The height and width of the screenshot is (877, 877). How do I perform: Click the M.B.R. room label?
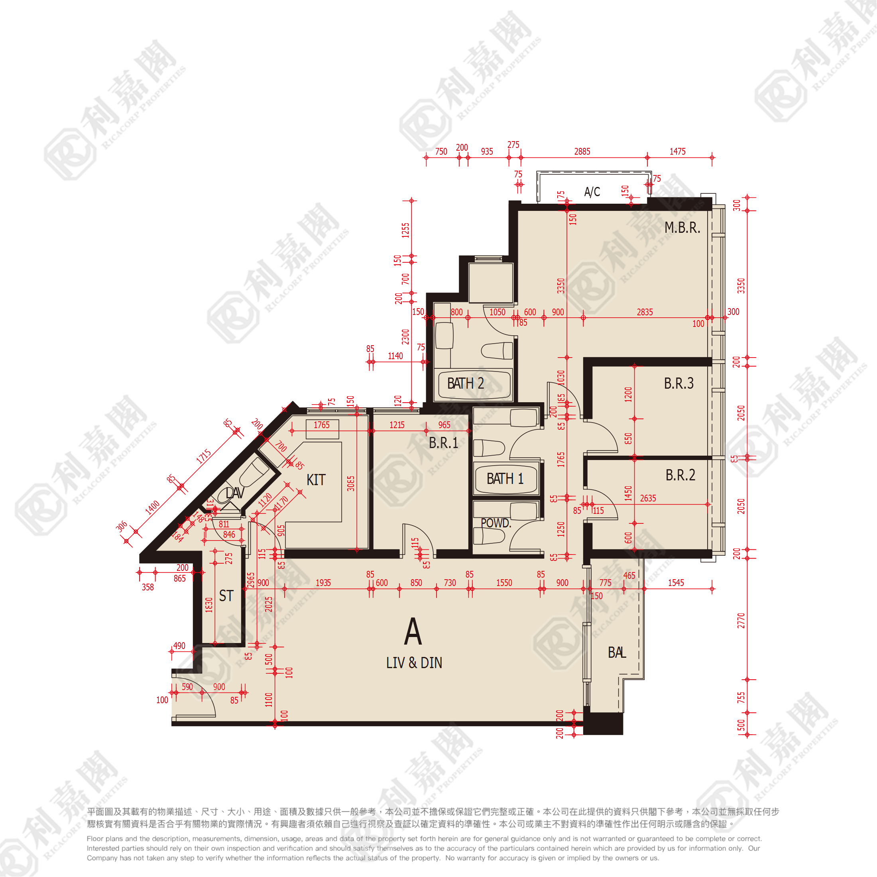(x=682, y=227)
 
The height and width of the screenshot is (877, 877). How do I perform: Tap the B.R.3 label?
(x=678, y=383)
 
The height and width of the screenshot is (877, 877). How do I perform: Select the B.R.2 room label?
(x=680, y=475)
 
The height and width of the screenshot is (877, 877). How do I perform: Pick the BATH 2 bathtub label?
(x=465, y=383)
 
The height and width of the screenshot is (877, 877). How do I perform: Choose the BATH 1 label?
(x=505, y=478)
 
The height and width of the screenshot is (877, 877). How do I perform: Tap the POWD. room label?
(x=496, y=523)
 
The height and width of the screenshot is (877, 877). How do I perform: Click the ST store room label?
(x=226, y=596)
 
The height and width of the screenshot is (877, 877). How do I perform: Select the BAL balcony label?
(x=616, y=652)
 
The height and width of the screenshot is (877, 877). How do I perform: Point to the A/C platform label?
(x=592, y=192)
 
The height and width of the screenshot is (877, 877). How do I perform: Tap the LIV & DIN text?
(x=414, y=663)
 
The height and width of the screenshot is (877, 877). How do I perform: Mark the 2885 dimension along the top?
(x=582, y=151)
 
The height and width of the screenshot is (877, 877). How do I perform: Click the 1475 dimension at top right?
(x=677, y=151)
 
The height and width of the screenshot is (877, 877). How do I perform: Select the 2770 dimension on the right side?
(x=741, y=621)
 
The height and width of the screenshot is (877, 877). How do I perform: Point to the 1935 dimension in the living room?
(x=323, y=582)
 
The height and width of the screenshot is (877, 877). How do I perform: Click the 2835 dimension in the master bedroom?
(x=645, y=312)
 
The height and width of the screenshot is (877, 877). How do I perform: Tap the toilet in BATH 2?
(x=497, y=350)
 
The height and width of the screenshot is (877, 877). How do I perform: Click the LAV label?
(x=235, y=493)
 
